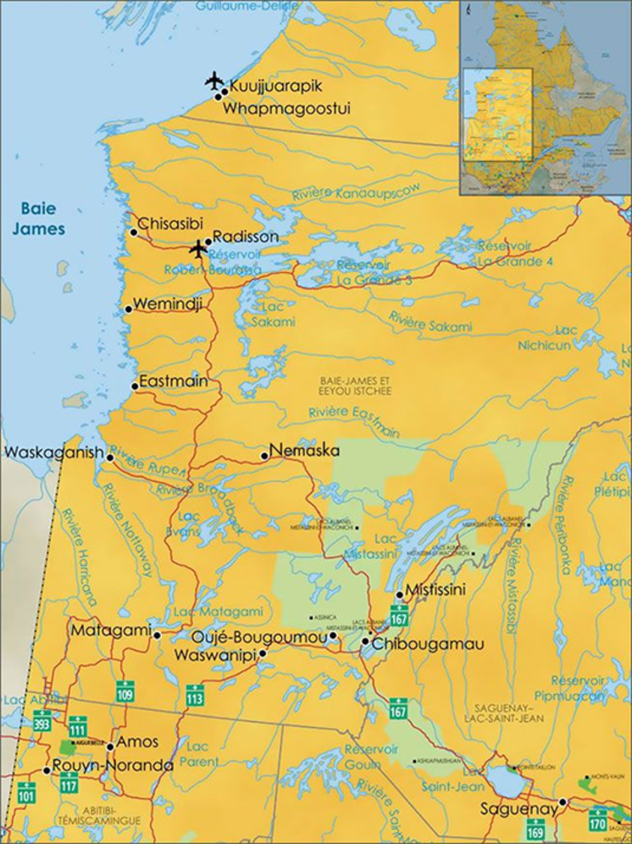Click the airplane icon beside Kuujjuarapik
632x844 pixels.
(x=214, y=81)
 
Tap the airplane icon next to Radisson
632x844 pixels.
(x=198, y=249)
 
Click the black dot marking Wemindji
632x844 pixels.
(x=129, y=309)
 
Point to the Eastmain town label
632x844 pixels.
(x=173, y=381)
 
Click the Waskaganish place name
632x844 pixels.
(x=54, y=453)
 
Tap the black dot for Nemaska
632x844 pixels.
(x=264, y=456)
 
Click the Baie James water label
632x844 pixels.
(x=42, y=218)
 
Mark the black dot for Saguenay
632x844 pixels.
(x=563, y=802)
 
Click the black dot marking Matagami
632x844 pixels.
(x=157, y=635)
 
